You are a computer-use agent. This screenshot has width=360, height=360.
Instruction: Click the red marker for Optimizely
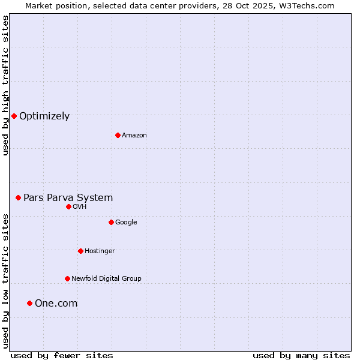point(14,116)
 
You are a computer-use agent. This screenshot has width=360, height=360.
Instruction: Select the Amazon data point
point(118,135)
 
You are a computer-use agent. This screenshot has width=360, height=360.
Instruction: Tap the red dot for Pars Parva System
point(18,197)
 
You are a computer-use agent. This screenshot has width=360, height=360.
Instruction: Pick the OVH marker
point(68,206)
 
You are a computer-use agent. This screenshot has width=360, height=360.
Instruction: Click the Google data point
point(111,222)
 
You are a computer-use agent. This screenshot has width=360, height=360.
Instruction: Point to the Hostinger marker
point(80,251)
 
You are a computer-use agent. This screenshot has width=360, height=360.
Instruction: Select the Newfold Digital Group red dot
point(67,278)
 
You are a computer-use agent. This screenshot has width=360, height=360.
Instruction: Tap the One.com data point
point(29,303)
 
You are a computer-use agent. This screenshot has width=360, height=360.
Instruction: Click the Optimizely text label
point(44,116)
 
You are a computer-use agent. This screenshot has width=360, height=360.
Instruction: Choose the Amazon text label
point(134,136)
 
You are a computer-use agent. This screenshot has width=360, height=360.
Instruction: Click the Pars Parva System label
point(68,197)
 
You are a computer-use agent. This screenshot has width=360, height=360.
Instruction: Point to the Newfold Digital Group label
point(106,278)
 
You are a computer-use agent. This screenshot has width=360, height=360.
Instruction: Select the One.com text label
point(56,304)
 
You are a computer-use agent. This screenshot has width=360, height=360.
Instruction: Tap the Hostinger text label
point(100,251)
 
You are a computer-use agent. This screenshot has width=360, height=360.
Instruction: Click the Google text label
point(126,222)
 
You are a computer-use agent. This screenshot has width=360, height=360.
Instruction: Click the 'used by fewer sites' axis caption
point(62,355)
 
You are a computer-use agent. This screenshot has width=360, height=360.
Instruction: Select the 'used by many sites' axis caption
point(301,355)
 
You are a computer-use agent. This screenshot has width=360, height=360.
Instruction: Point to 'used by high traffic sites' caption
point(5,85)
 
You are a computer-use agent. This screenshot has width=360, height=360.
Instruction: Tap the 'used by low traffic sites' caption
point(5,281)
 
